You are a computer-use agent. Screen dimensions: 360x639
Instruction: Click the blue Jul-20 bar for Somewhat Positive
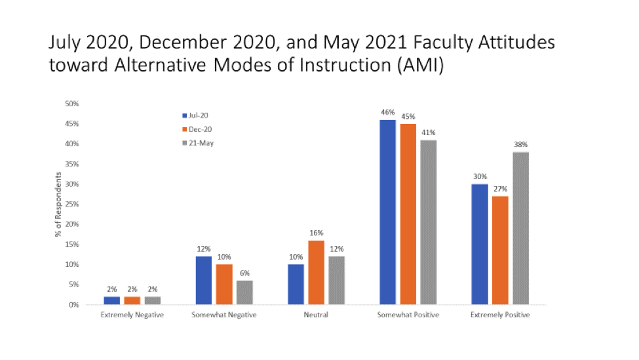387,212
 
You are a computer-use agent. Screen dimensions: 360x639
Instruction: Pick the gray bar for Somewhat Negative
244,292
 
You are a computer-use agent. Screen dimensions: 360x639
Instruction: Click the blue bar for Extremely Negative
111,300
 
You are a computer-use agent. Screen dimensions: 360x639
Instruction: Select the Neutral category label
316,315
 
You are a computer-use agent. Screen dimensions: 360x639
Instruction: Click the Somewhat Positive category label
407,315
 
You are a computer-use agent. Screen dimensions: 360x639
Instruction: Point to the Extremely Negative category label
132,315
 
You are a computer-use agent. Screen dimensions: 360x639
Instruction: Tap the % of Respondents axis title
58,204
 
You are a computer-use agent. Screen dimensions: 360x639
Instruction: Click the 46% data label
388,112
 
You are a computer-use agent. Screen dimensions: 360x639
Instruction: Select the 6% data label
244,273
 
